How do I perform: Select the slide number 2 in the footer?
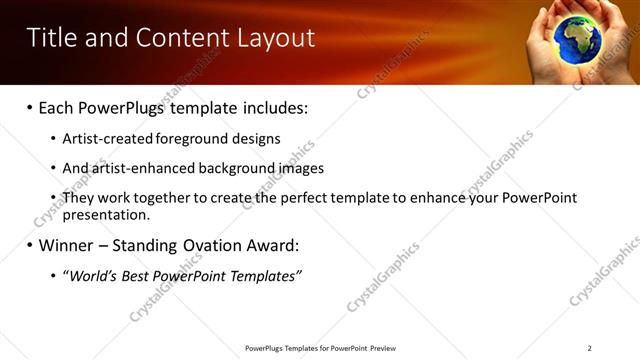[589, 348]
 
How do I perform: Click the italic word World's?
[92, 275]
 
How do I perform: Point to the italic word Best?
[139, 275]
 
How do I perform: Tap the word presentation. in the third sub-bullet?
[106, 214]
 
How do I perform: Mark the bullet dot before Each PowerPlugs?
[30, 107]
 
